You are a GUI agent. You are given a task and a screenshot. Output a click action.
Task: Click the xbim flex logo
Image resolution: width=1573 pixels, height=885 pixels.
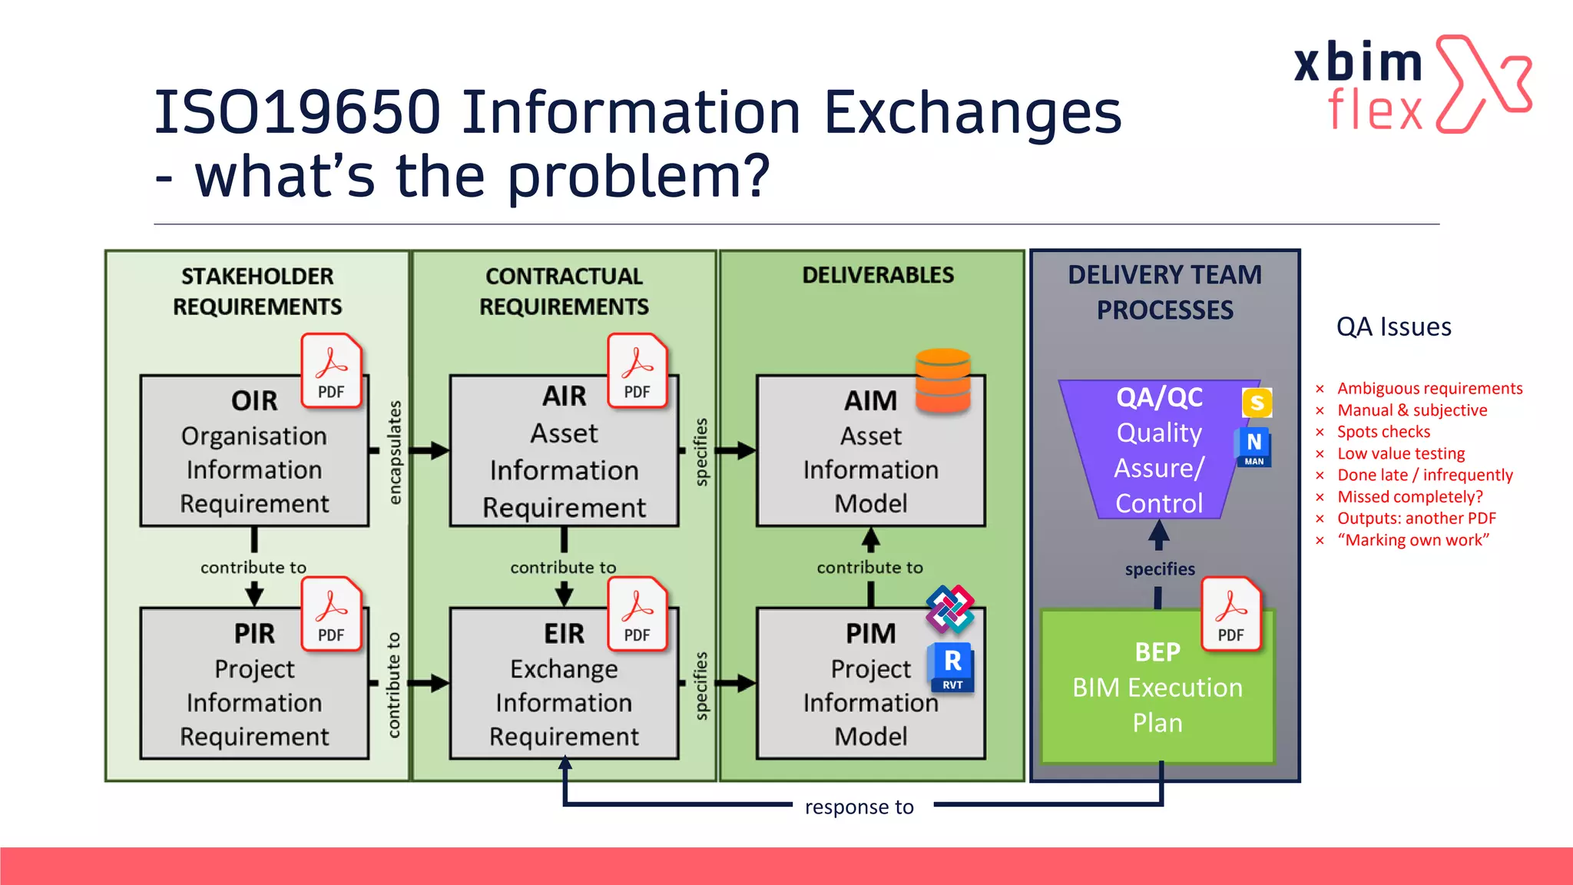1412,85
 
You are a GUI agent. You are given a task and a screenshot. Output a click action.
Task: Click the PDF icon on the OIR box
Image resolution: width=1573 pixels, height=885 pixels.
331,370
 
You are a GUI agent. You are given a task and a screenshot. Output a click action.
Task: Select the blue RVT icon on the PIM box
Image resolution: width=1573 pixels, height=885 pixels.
952,667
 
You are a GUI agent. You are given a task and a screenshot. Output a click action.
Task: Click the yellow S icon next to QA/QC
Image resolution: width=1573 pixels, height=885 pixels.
1257,403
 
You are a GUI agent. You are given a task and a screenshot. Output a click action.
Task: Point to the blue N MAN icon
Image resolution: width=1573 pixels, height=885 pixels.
1253,447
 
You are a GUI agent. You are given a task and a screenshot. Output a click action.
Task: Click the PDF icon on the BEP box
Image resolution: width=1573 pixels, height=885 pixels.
1230,614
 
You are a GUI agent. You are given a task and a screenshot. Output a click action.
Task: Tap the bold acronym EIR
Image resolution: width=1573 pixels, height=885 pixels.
564,634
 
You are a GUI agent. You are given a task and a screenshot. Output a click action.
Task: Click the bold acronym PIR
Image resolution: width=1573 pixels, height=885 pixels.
254,634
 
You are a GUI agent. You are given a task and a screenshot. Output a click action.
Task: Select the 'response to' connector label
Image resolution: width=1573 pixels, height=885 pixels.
859,807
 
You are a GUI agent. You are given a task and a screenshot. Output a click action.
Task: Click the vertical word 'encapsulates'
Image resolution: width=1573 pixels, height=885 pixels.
394,452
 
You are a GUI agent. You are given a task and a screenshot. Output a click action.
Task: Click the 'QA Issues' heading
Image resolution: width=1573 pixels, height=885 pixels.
1393,327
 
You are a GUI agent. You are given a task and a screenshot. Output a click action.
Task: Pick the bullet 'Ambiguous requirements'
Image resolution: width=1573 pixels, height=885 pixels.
1429,389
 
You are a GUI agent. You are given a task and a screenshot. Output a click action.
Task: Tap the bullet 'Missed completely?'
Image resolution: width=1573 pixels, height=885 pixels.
1409,497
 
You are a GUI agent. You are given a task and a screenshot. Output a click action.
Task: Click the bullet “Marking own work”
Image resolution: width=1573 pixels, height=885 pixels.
1412,540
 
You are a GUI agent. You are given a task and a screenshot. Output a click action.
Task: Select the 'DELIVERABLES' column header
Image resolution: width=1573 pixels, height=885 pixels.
878,275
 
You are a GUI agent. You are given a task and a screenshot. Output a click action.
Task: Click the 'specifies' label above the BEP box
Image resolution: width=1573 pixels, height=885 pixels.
1160,569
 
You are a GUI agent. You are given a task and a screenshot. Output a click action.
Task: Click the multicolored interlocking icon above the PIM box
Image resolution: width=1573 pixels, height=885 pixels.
949,608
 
